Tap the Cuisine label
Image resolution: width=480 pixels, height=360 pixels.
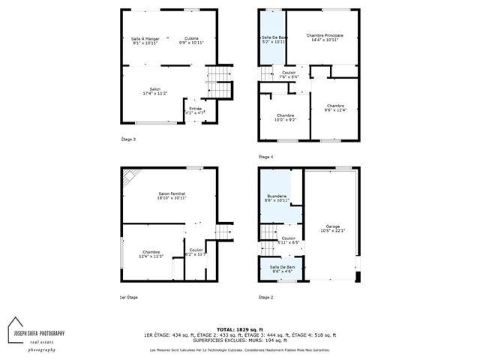[x=191, y=40]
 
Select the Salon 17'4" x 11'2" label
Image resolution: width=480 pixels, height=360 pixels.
[x=155, y=91]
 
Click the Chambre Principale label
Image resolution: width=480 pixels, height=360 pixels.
[x=325, y=37]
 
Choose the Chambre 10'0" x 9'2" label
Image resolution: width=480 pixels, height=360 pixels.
[x=285, y=117]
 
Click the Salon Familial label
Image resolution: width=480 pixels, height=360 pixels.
[x=172, y=196]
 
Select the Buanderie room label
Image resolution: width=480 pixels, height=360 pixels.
[x=277, y=198]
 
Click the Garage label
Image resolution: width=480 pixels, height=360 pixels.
[x=333, y=228]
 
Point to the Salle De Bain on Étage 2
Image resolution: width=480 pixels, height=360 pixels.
[x=277, y=268]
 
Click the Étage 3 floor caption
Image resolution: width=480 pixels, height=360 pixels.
[x=129, y=139]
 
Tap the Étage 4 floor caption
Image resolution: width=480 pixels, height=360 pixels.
[x=266, y=156]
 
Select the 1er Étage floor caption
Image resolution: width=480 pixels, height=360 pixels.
[x=130, y=297]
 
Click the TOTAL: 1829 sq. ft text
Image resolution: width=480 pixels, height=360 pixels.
[x=241, y=329]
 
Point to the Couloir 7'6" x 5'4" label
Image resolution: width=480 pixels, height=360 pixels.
[x=289, y=74]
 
